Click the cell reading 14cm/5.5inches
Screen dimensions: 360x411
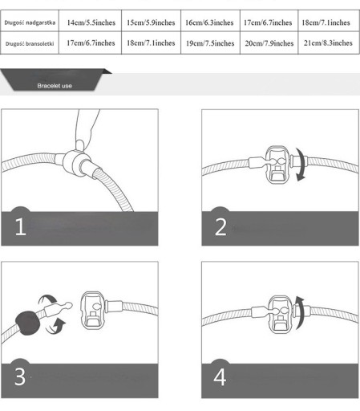click(91, 22)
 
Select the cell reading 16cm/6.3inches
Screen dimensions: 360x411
click(209, 22)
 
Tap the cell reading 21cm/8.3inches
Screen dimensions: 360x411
click(328, 43)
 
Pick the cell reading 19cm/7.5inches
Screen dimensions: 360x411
click(210, 43)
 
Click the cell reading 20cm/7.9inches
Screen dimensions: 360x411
click(269, 43)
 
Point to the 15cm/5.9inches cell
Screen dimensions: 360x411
click(151, 22)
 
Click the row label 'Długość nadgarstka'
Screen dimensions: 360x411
click(30, 22)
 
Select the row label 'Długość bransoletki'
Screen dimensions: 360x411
click(30, 43)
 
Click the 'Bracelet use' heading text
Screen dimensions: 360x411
click(55, 86)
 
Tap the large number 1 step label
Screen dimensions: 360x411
click(20, 226)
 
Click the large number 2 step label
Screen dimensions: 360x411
click(220, 227)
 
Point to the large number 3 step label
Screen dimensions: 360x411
click(20, 376)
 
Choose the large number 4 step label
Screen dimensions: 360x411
click(220, 377)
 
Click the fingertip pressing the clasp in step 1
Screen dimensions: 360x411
click(80, 144)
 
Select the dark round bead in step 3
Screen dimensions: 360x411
click(27, 323)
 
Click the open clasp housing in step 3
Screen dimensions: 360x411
click(92, 311)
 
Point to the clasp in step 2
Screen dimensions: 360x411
click(277, 165)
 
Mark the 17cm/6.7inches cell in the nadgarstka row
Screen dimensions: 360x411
click(268, 22)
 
